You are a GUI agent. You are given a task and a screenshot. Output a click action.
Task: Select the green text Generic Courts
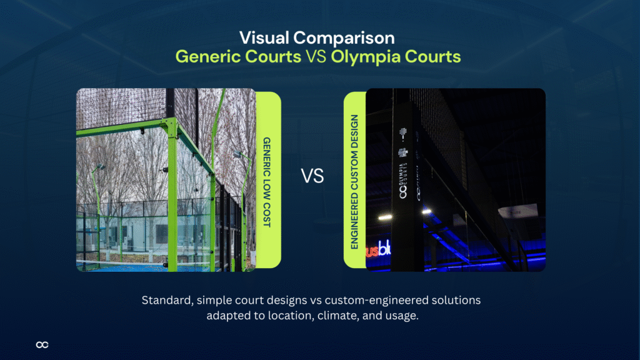(237, 57)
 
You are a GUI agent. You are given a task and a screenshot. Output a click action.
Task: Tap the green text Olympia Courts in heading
(396, 57)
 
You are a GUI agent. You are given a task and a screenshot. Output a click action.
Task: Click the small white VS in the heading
(317, 57)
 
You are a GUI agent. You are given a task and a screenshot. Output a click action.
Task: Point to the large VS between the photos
(313, 177)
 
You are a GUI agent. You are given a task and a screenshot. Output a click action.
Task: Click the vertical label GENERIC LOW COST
(267, 181)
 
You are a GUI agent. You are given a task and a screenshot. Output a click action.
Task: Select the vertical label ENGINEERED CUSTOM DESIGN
(354, 181)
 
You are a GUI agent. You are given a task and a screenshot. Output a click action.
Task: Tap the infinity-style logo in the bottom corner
(42, 344)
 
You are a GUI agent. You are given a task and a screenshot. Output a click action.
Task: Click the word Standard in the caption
(166, 300)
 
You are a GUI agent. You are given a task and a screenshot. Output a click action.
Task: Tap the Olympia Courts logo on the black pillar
(403, 181)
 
